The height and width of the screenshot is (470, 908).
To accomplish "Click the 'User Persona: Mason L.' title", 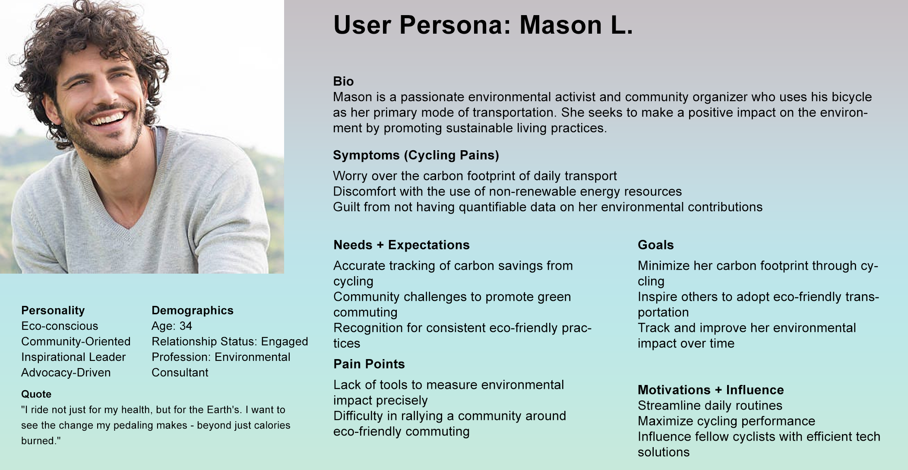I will pos(483,25).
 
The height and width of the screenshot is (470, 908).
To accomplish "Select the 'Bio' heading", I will pos(343,81).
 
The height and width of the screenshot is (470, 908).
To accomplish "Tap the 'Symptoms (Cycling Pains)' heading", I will pos(416,155).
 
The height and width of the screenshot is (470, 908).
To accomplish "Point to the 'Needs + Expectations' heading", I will pos(402,245).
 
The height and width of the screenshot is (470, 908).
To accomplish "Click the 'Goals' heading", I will pos(655,245).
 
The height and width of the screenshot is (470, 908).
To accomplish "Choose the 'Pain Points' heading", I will pos(369,364).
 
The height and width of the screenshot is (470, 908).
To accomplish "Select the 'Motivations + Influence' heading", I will pos(711,390).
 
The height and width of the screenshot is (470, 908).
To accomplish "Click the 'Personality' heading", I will pos(53,310).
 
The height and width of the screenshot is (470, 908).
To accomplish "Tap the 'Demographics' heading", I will pos(193,310).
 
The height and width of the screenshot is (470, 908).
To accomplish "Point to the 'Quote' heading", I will pos(36,394).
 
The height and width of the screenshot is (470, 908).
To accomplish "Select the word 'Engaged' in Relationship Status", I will pos(285,341).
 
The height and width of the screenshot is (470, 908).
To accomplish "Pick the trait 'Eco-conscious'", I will pos(60,326).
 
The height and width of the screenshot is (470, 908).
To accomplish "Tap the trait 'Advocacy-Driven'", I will pos(66,372).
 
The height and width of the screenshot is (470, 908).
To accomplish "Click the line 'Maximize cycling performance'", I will pos(726,421).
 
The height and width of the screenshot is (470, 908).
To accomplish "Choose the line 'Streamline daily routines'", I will pos(710,405).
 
